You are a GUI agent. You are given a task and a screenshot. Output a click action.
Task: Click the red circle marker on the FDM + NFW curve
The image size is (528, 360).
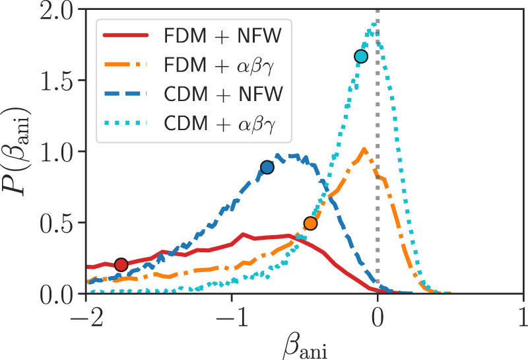click(x=121, y=265)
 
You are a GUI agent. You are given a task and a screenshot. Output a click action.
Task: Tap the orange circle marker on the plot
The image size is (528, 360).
click(x=310, y=223)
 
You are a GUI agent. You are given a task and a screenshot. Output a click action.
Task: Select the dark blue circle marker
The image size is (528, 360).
click(x=267, y=167)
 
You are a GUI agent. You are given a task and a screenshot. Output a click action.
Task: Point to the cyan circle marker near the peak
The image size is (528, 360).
click(x=360, y=57)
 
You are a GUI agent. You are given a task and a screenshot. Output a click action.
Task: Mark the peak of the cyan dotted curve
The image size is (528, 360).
click(x=375, y=23)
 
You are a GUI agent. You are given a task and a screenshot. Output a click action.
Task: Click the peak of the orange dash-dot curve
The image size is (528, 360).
click(x=364, y=150)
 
